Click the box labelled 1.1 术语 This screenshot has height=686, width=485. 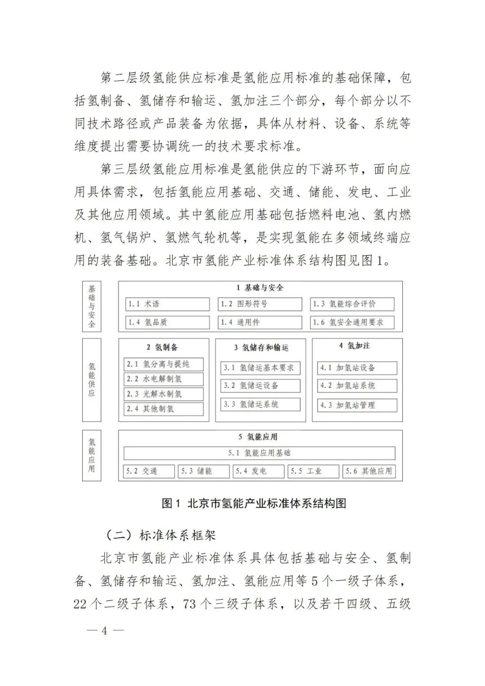point(167,304)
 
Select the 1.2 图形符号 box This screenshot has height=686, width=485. point(260,304)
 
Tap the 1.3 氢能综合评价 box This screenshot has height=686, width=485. point(352,304)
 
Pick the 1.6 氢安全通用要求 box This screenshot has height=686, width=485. point(352,322)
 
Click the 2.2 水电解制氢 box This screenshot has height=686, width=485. point(163,379)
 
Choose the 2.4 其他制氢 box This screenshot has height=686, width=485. point(163,409)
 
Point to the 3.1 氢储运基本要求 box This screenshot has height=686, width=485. point(260,368)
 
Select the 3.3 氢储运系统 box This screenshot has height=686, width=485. point(260,404)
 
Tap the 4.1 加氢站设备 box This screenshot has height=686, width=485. point(357,368)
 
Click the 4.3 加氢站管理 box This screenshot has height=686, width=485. point(357,405)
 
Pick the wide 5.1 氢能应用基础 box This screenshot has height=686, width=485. point(260,453)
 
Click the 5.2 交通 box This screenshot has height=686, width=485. point(149,471)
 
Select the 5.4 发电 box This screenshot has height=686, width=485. point(258,471)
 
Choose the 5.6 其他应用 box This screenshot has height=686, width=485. point(369,471)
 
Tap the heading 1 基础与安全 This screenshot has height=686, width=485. point(260,288)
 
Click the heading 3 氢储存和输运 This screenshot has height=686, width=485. point(261,347)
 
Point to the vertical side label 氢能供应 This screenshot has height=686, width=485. point(92,380)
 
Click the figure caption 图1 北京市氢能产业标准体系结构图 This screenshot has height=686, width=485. point(254,503)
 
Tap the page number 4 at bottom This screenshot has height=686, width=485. point(104,630)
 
